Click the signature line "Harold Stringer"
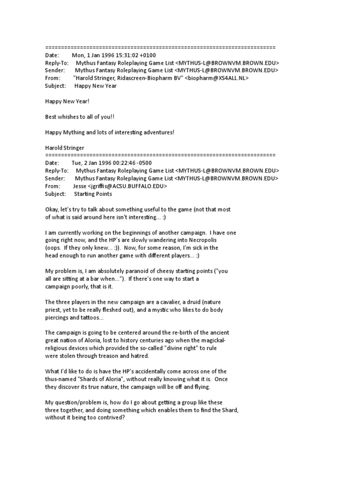pos(65,148)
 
